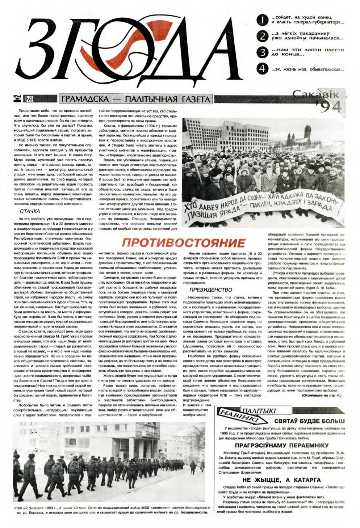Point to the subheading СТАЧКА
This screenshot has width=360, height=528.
(x=30, y=211)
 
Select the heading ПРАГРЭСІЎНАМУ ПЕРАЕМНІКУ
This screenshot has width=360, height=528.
(x=281, y=445)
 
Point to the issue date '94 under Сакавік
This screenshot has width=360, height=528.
(x=328, y=107)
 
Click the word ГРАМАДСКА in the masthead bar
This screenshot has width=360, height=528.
(x=86, y=99)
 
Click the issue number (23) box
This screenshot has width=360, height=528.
(x=28, y=98)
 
